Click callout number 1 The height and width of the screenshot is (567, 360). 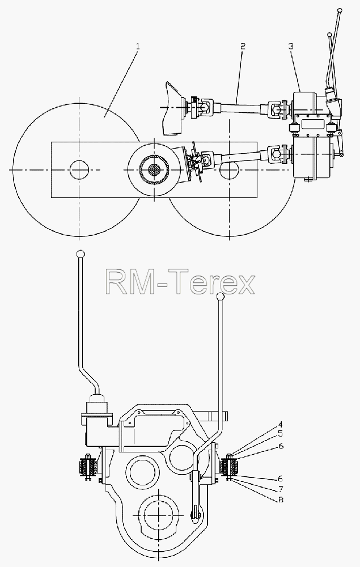137,46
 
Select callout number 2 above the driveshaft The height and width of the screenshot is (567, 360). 243,46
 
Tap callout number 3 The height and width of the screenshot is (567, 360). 291,46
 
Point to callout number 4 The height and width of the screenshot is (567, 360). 280,425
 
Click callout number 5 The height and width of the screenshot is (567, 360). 280,434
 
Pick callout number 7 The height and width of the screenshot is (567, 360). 280,489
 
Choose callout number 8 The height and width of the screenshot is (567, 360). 280,500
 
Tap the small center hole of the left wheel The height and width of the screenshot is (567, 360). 79,170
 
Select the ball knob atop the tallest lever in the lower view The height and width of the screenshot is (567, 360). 81,254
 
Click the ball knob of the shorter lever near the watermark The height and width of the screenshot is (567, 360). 220,297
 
